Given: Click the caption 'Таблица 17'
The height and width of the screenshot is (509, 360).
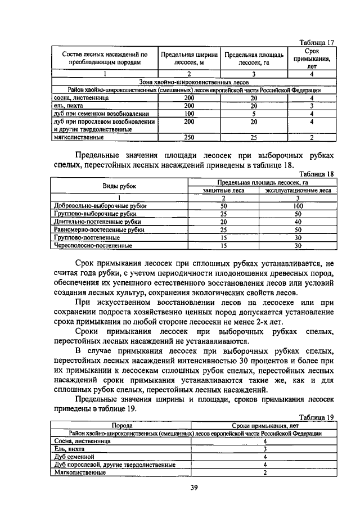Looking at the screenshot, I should (x=317, y=42).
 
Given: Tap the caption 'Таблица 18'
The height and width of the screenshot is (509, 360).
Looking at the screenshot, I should (x=317, y=174).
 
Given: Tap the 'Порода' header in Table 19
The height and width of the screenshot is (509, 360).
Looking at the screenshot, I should (x=121, y=426).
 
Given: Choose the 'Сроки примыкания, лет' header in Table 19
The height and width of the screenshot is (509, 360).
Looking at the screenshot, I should (x=264, y=426).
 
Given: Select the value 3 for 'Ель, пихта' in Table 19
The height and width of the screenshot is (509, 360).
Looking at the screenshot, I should (x=264, y=449).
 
